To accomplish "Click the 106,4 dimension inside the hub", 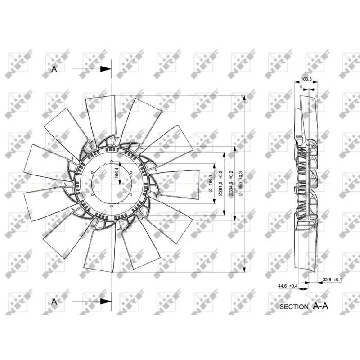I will coord(117,173).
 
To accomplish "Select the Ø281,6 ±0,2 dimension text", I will coord(220,184).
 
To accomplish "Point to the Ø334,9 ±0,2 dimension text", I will coord(231,184).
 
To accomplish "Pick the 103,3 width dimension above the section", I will coord(306,79).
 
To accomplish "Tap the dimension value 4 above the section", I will coord(300,85).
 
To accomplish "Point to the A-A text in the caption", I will coord(321,306).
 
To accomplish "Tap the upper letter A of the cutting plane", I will coord(54,69).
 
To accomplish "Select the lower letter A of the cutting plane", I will coord(54,301).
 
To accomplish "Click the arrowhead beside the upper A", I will coord(106,69).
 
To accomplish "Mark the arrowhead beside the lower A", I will coord(106,301).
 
